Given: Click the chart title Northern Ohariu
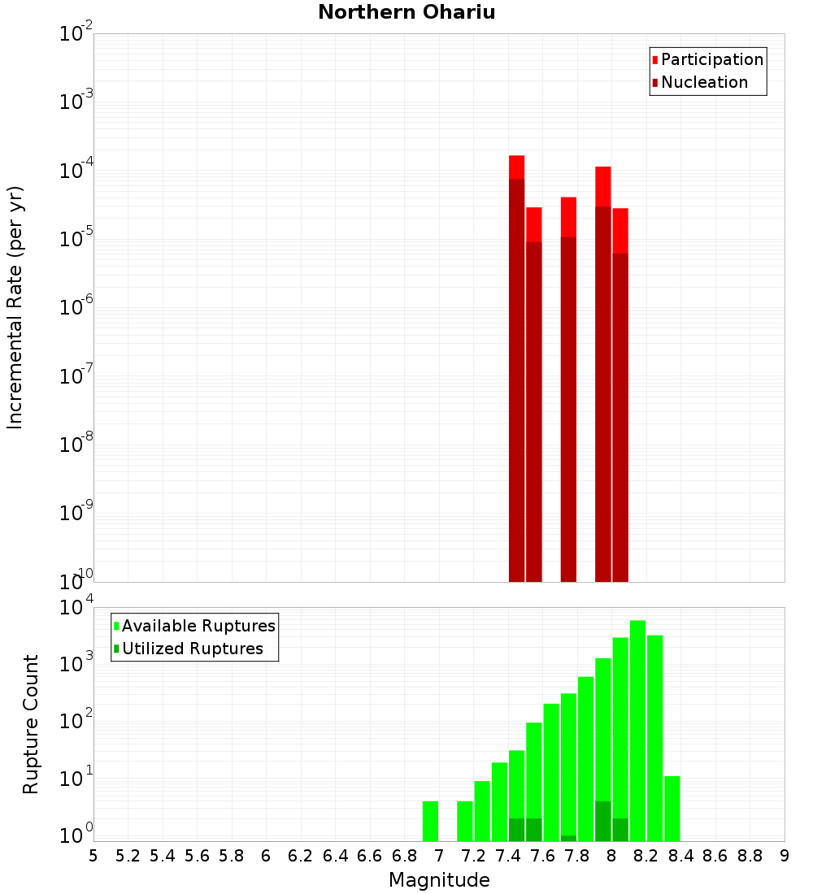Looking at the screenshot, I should point(406,13).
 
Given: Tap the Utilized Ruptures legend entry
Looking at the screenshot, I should point(192,649).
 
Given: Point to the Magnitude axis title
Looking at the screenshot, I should point(439,880).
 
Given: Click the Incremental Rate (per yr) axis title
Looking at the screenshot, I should point(15,307).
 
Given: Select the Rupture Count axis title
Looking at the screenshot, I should point(31,724).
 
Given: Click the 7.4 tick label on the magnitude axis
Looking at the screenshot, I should point(508,856).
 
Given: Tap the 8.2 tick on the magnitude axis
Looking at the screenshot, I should point(646,856).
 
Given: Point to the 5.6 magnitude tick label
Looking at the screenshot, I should point(197,856).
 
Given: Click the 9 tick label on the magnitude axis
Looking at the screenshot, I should point(785,856).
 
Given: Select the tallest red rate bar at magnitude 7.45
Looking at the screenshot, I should point(516,366).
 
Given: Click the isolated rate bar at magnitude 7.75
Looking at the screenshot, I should point(568,390).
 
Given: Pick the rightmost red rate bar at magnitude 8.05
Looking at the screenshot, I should point(620,398).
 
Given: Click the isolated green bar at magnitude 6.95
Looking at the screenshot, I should point(430,821).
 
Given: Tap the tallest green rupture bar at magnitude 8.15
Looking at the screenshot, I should point(637,731).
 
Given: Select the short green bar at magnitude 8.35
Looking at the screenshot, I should point(672,809).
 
